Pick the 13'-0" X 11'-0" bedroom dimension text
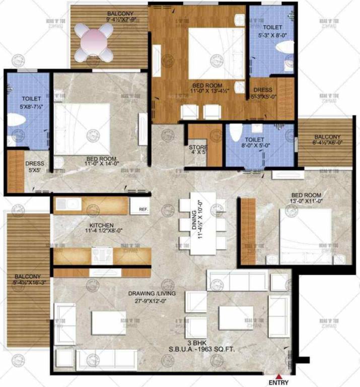(305, 200)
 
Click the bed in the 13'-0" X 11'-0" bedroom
(305, 236)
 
